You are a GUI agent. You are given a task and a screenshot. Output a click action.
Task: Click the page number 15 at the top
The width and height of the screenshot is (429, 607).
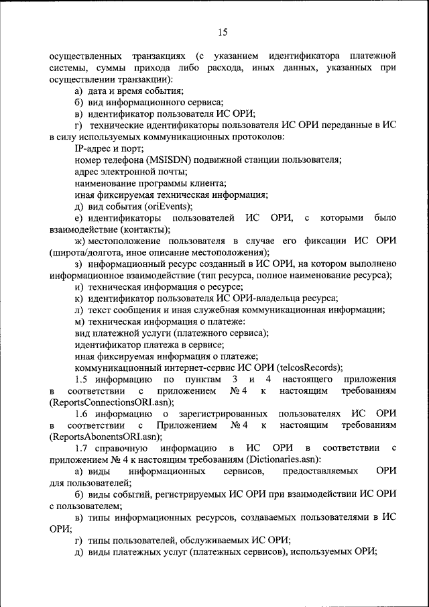[223, 32]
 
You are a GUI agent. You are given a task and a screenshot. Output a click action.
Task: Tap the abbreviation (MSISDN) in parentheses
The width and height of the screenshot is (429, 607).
[172, 160]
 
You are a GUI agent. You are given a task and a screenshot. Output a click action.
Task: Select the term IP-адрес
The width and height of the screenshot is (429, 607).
[95, 148]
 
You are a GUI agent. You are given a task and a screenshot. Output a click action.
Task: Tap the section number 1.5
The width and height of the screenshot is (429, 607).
[81, 379]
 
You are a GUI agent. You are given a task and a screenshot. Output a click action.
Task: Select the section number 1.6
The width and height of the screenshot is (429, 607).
[81, 414]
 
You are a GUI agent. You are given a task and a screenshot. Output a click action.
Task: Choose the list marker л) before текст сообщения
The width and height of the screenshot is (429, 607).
[78, 310]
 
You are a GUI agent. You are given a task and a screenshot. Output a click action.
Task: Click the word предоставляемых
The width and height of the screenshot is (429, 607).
[319, 472]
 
